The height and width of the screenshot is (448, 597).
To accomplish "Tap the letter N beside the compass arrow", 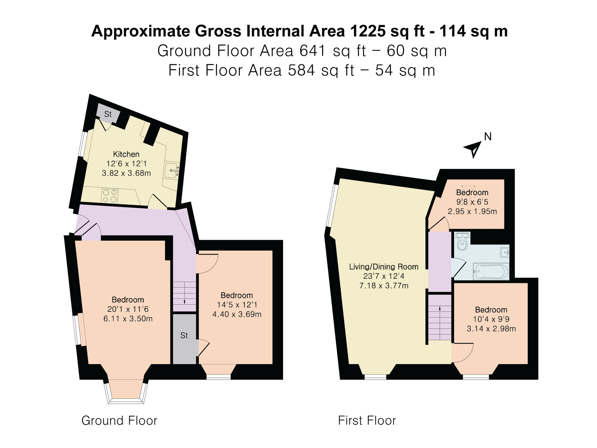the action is pyautogui.click(x=488, y=137).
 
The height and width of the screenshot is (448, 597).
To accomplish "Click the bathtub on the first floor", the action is pyautogui.click(x=491, y=271).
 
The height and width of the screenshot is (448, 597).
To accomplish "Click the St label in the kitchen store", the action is pyautogui.click(x=108, y=114).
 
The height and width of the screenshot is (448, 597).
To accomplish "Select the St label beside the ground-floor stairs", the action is pyautogui.click(x=184, y=335).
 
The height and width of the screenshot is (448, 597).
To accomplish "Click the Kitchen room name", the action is pyautogui.click(x=126, y=154).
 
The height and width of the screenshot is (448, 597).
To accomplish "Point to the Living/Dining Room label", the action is pyautogui.click(x=384, y=267).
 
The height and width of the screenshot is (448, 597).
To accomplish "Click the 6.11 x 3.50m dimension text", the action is pyautogui.click(x=128, y=319).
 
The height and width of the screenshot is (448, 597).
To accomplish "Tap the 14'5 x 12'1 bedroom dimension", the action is pyautogui.click(x=237, y=305).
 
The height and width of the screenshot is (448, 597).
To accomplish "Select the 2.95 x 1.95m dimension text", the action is pyautogui.click(x=472, y=211).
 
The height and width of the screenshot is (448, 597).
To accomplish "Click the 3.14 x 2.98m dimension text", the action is pyautogui.click(x=491, y=329).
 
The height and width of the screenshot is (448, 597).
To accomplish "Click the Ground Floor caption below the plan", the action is pyautogui.click(x=119, y=421).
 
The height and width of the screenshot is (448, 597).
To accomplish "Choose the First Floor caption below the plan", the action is pyautogui.click(x=367, y=421).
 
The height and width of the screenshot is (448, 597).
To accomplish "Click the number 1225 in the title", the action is pyautogui.click(x=367, y=31).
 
